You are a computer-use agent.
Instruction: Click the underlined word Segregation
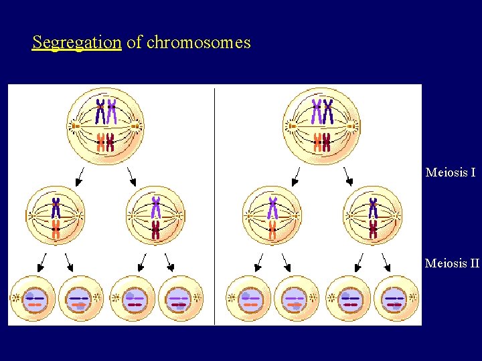[76, 43]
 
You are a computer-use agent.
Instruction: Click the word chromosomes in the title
[198, 43]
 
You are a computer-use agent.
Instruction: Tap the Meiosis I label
[451, 172]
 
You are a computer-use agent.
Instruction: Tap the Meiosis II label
[453, 263]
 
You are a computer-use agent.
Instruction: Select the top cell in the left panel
[106, 125]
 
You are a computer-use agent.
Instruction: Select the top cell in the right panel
[321, 125]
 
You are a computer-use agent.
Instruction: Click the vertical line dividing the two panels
[214, 201]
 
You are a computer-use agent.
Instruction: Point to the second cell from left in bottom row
[80, 297]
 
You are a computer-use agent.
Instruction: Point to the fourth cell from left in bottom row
[178, 297]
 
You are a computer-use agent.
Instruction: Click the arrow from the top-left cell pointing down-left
[80, 177]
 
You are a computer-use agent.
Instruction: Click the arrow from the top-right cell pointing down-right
[347, 176]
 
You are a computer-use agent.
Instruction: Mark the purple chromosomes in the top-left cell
[105, 111]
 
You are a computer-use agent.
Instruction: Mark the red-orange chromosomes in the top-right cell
[322, 141]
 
